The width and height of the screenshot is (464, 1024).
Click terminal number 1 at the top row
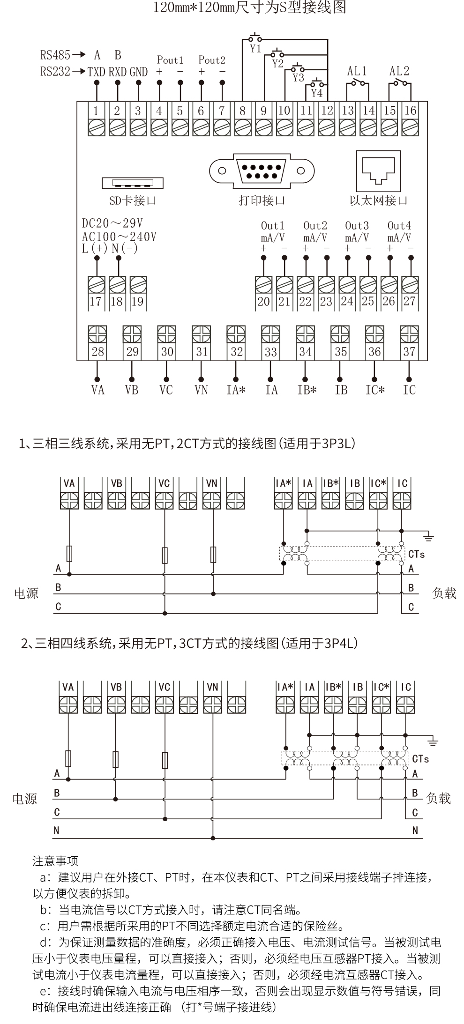[x=96, y=111]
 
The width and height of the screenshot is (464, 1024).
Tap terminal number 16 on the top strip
[x=410, y=111]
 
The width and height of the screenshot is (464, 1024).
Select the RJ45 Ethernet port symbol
[x=379, y=171]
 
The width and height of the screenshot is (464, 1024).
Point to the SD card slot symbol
[x=133, y=182]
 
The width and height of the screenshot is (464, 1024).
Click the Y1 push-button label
[x=255, y=48]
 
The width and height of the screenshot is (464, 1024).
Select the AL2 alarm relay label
[x=399, y=71]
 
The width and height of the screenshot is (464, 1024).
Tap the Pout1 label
[x=170, y=60]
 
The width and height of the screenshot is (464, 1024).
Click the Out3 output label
[x=357, y=225]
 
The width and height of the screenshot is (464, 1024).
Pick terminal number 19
[x=137, y=301]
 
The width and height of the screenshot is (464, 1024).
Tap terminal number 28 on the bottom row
[x=97, y=352]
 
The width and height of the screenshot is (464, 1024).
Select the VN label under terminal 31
[x=201, y=390]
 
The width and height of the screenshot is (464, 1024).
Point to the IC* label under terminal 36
[x=375, y=390]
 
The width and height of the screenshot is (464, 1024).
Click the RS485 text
[x=55, y=55]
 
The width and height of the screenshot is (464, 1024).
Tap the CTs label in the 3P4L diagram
[x=420, y=758]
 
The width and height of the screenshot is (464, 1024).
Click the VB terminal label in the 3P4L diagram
[x=116, y=687]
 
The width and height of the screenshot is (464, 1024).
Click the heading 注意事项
[x=55, y=861]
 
